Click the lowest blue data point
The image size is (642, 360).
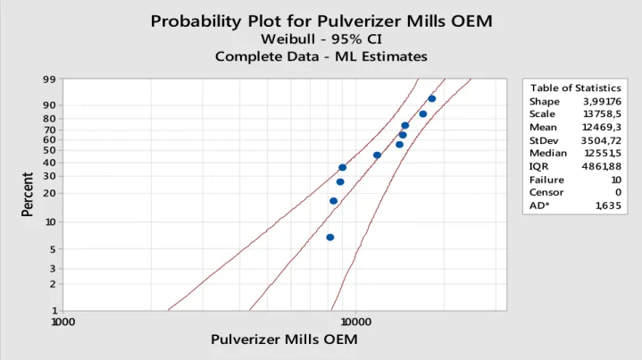click(x=330, y=237)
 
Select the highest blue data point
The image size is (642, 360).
click(x=431, y=98)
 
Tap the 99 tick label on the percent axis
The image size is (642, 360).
click(x=49, y=79)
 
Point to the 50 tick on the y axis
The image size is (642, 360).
click(x=49, y=150)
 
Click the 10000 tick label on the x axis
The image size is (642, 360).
click(x=355, y=322)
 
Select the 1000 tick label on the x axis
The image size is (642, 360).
click(x=63, y=322)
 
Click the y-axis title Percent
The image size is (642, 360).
click(x=27, y=195)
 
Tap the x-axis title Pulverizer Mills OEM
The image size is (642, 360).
click(x=284, y=339)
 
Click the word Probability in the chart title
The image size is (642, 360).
click(x=196, y=21)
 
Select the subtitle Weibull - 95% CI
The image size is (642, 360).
click(x=321, y=39)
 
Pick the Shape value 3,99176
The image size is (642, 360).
click(x=602, y=101)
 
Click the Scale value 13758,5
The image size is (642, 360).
click(x=602, y=113)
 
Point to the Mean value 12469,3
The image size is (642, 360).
click(x=602, y=128)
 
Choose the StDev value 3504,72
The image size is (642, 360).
click(x=601, y=140)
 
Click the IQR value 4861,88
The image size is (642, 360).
click(x=602, y=166)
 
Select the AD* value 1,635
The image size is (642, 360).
click(x=608, y=205)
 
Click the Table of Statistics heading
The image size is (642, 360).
click(x=575, y=88)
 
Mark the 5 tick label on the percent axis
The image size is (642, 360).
click(x=53, y=249)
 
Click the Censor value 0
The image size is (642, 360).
click(x=618, y=192)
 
